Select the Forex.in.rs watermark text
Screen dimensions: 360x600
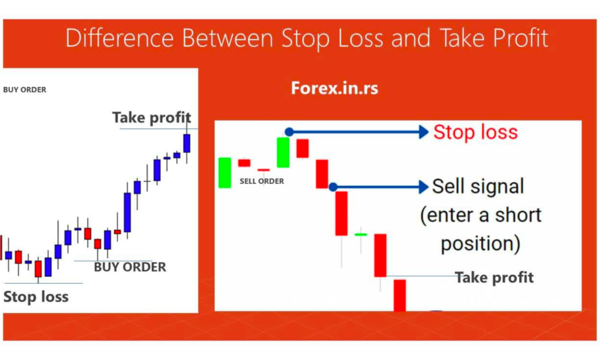point(335,89)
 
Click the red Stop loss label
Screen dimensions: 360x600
point(475,133)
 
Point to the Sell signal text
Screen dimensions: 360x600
point(478,187)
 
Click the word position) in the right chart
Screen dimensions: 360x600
point(480,243)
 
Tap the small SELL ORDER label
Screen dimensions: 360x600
point(261,181)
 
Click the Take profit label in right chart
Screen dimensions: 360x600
point(494,277)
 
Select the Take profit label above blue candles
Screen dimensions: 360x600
point(151,118)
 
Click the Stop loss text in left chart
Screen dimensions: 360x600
point(36,297)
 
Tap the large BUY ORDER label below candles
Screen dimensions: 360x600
point(129,267)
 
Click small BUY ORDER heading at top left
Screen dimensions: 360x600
point(25,90)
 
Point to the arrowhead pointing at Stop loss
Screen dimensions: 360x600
point(424,133)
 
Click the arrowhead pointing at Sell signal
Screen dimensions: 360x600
point(424,187)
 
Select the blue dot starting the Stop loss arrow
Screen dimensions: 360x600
point(288,132)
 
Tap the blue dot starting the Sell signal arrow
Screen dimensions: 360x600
point(332,187)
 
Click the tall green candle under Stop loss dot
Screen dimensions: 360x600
point(283,152)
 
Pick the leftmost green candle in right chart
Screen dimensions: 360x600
point(224,172)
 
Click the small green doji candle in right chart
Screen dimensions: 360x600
point(361,235)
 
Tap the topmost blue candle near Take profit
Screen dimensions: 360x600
point(187,143)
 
